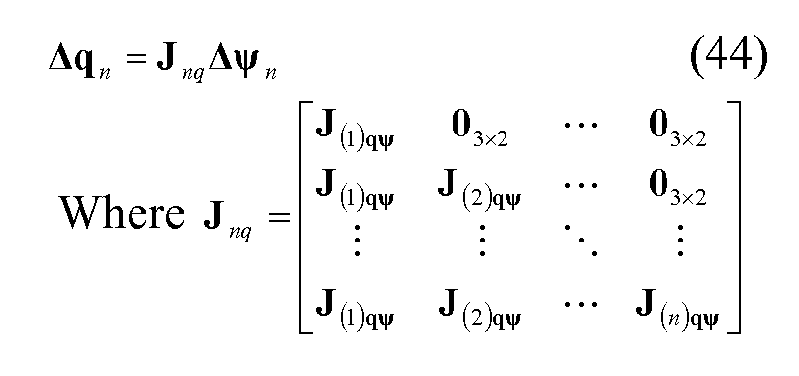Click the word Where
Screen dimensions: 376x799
tap(116, 212)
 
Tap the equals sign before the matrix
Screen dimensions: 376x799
tap(278, 216)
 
